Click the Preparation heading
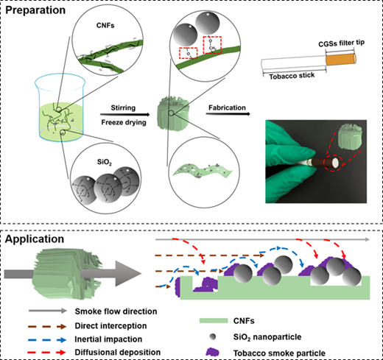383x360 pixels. [x=35, y=10]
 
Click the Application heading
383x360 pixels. [x=35, y=239]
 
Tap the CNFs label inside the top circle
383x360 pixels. [x=105, y=26]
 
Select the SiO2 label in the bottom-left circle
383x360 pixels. [x=105, y=162]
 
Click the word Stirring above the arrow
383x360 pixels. [x=123, y=107]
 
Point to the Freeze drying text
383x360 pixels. [x=124, y=122]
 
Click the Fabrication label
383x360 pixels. [x=227, y=107]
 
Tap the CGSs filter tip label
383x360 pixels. [x=341, y=43]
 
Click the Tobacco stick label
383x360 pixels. [x=292, y=76]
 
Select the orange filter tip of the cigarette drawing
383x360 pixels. [x=341, y=60]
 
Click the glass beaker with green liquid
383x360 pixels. [x=60, y=108]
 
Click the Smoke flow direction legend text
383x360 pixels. [x=116, y=311]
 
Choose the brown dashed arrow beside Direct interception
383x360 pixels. [x=47, y=326]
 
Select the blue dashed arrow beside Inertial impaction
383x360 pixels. [x=47, y=340]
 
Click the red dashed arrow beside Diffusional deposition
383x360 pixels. [x=47, y=353]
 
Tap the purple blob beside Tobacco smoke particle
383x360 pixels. [x=212, y=352]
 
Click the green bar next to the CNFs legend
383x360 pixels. [x=214, y=320]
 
